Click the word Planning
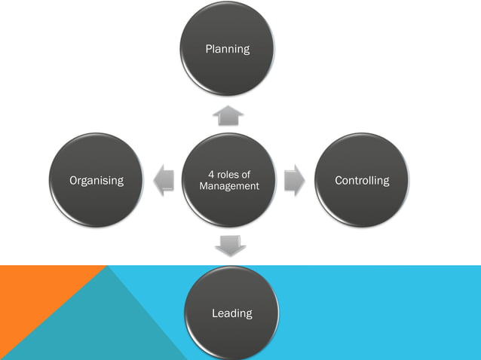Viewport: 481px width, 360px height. pos(228,50)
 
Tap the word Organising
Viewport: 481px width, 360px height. pos(97,181)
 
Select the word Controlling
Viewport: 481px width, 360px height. pos(363,181)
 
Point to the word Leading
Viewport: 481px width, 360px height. pos(231,313)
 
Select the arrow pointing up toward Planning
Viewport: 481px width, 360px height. pos(228,114)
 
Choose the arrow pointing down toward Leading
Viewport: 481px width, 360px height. pos(230,246)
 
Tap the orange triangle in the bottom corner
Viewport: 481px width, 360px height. pos(30,301)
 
